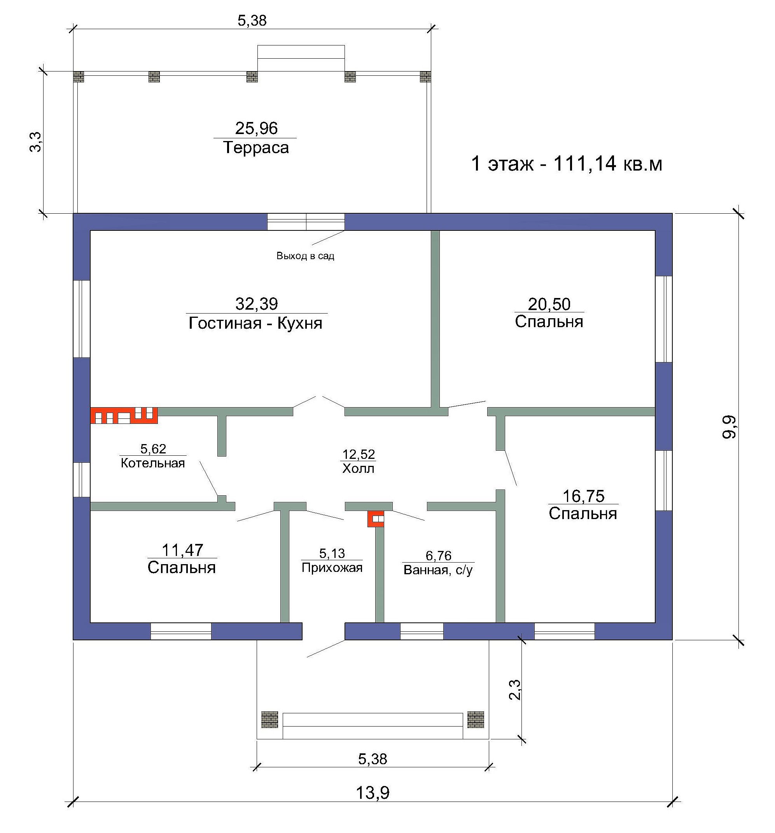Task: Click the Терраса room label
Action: [x=256, y=148]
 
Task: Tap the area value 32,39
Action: [x=257, y=304]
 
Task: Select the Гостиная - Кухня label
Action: [x=255, y=323]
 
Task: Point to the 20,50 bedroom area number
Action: [x=549, y=304]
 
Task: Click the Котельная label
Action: [x=153, y=463]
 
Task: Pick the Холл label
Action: [x=358, y=468]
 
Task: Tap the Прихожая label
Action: [x=332, y=568]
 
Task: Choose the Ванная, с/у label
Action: [x=438, y=570]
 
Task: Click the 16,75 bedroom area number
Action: [x=583, y=496]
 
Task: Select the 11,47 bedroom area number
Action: [x=182, y=550]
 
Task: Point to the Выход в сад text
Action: [x=305, y=256]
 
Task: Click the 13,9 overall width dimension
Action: [x=373, y=793]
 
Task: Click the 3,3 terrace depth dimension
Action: [x=36, y=142]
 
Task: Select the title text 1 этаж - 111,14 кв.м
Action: [x=567, y=164]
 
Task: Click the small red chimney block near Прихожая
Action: [x=376, y=519]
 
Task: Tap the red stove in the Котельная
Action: [x=124, y=415]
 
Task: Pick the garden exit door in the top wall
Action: [x=306, y=222]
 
